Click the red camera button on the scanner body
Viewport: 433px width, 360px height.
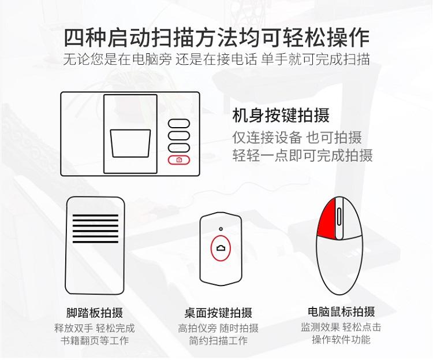(179, 160)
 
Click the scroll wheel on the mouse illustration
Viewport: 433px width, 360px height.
(339, 217)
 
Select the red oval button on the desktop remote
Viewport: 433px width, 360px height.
(221, 248)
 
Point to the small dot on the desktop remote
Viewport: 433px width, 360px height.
(221, 229)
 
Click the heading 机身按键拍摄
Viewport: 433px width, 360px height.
(281, 116)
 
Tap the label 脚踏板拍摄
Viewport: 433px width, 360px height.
(95, 313)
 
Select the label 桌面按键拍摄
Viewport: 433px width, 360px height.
(218, 313)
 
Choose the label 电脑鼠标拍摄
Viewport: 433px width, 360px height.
(341, 311)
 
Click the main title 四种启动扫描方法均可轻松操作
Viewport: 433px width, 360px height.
(216, 38)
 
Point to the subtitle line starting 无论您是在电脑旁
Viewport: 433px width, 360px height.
(216, 59)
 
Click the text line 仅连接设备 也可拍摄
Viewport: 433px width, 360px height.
(297, 138)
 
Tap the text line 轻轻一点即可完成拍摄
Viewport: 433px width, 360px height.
(303, 155)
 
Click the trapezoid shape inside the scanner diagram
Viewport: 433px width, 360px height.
(130, 143)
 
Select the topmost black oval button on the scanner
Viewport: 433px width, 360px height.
(179, 123)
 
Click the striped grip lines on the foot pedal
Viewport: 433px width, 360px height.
(95, 228)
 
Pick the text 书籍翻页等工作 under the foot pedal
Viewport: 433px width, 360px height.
(95, 341)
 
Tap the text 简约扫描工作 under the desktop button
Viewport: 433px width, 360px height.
(218, 341)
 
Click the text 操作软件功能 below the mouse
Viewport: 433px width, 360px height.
(341, 340)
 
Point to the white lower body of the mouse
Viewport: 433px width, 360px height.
(340, 265)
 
